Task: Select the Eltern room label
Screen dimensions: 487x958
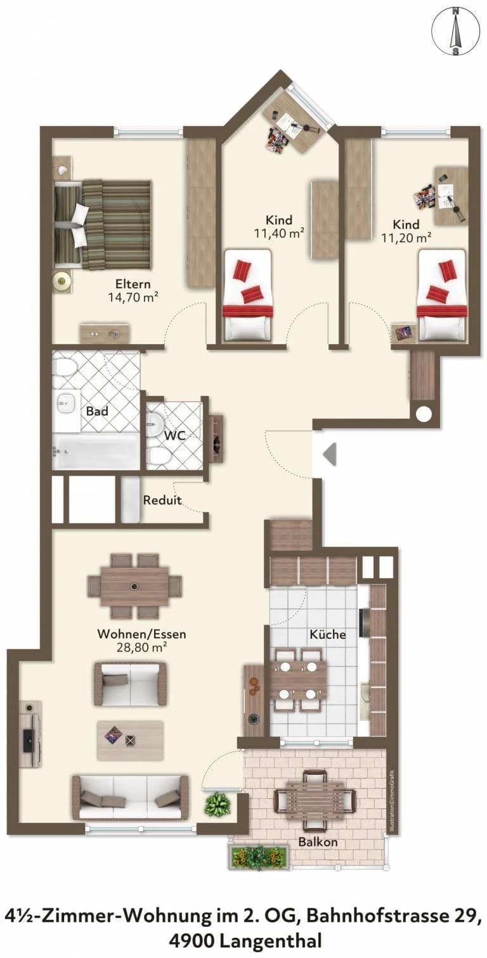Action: (x=133, y=284)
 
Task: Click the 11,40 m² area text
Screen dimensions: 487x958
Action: (x=279, y=234)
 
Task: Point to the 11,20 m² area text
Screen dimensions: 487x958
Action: (x=406, y=238)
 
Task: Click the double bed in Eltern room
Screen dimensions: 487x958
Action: (x=103, y=225)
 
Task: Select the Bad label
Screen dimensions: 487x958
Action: (x=97, y=411)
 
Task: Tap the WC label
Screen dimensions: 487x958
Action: (x=176, y=435)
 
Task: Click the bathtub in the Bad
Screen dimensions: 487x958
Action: (x=95, y=452)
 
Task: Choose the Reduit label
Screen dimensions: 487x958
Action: (x=162, y=500)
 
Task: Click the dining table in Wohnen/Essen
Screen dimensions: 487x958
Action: (x=135, y=586)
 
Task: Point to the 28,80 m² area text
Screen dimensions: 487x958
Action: (x=141, y=647)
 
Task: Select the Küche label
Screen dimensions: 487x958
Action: (x=327, y=634)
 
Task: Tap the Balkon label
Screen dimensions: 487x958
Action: (x=318, y=841)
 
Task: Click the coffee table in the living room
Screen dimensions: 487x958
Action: (x=130, y=740)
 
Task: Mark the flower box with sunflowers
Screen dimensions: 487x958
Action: (x=259, y=855)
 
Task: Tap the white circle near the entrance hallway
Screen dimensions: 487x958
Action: (x=424, y=413)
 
